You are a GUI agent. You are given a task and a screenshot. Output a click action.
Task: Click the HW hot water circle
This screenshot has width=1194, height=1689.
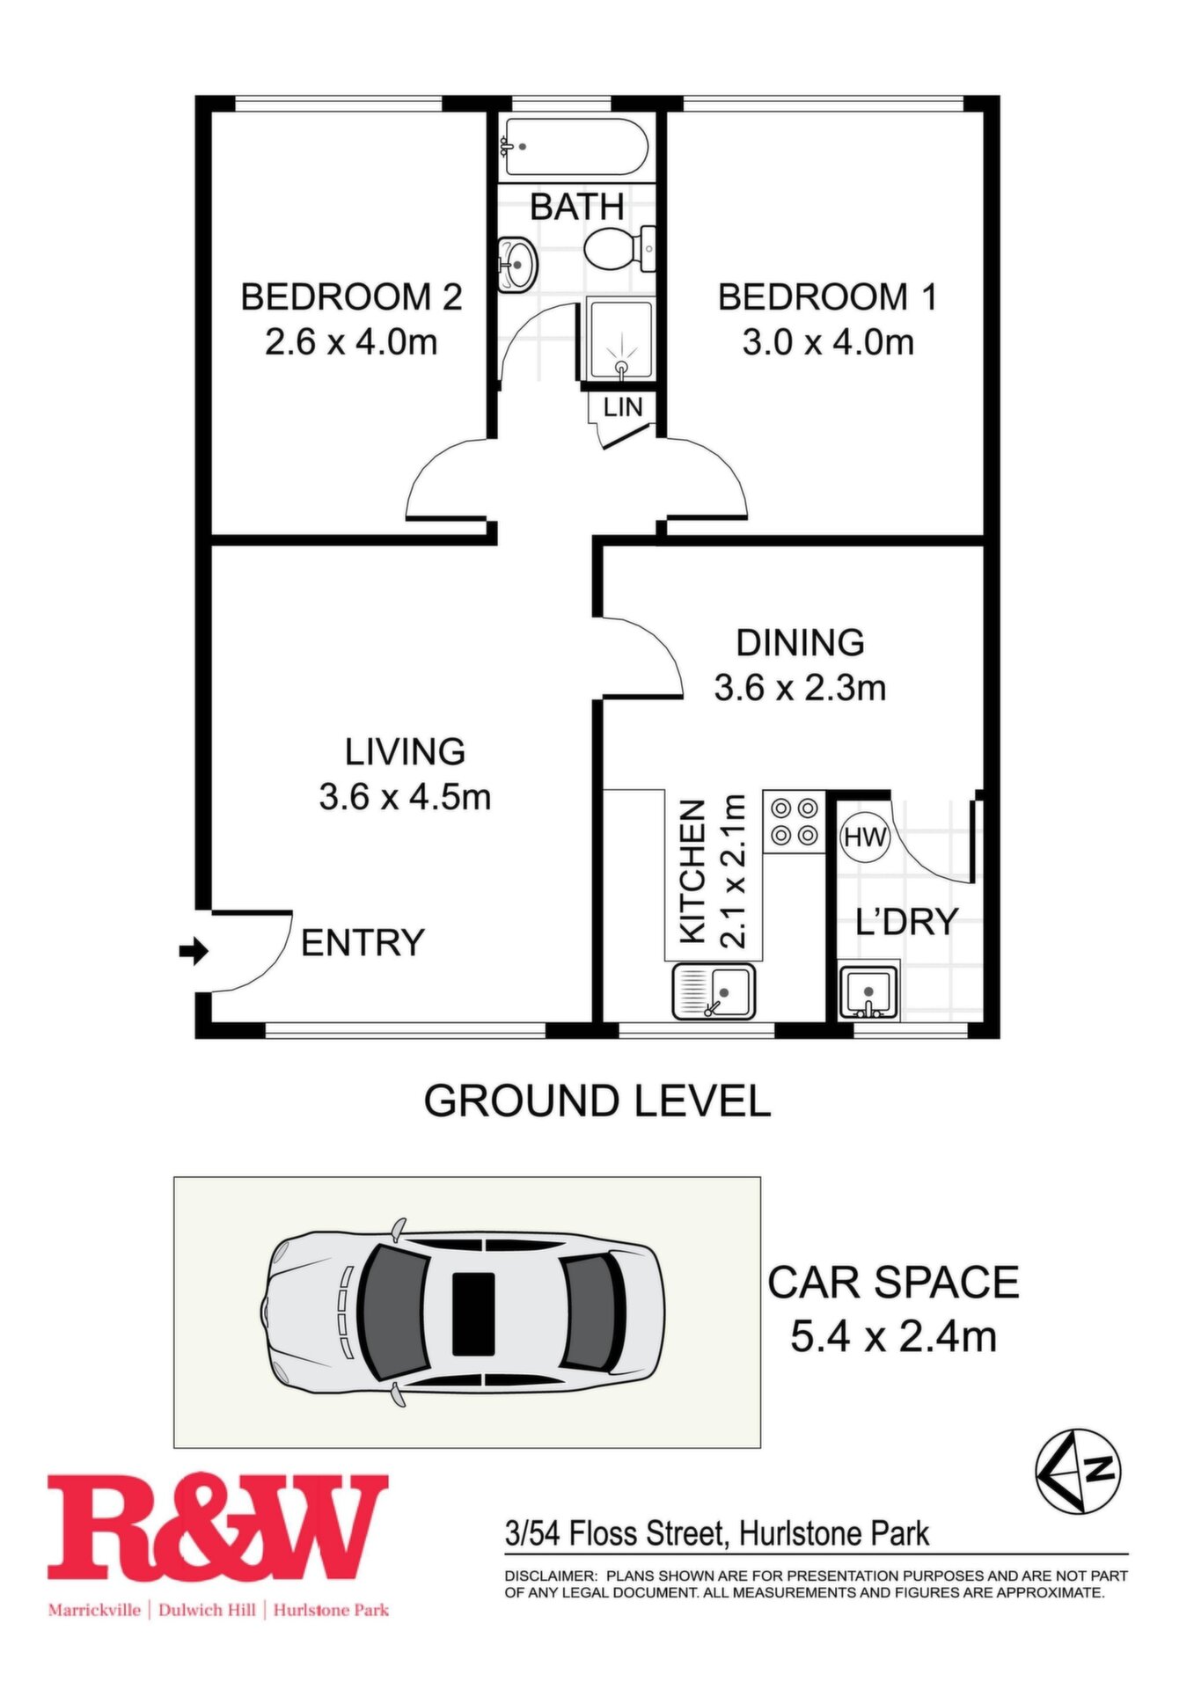point(866,837)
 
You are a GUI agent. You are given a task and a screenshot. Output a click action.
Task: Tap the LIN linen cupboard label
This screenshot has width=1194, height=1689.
point(623,406)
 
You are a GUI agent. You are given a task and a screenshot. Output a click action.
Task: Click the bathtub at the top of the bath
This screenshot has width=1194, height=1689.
point(575,147)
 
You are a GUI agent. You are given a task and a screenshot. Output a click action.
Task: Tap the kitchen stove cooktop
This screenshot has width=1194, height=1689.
point(795,821)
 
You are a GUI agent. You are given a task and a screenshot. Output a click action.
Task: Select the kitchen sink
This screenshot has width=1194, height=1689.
point(714,991)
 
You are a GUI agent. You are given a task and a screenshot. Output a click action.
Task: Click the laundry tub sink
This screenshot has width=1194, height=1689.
point(868,991)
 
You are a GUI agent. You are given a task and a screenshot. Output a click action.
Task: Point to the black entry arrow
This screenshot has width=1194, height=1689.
point(194,950)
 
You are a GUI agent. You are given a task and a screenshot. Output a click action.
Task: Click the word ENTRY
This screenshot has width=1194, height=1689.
point(363,943)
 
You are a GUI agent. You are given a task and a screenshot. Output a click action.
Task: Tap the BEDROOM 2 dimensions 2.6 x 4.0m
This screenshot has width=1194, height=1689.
point(351,342)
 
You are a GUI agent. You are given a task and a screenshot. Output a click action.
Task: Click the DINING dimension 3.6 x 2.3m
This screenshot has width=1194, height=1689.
point(800,688)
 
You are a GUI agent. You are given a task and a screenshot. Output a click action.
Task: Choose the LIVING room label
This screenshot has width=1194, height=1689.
point(405,752)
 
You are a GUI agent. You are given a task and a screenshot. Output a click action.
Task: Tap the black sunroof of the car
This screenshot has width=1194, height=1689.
point(473,1313)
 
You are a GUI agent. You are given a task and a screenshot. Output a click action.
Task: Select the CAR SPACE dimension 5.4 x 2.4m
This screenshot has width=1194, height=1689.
point(893,1337)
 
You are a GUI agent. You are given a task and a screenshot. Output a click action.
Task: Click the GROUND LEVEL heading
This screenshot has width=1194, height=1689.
point(597,1101)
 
